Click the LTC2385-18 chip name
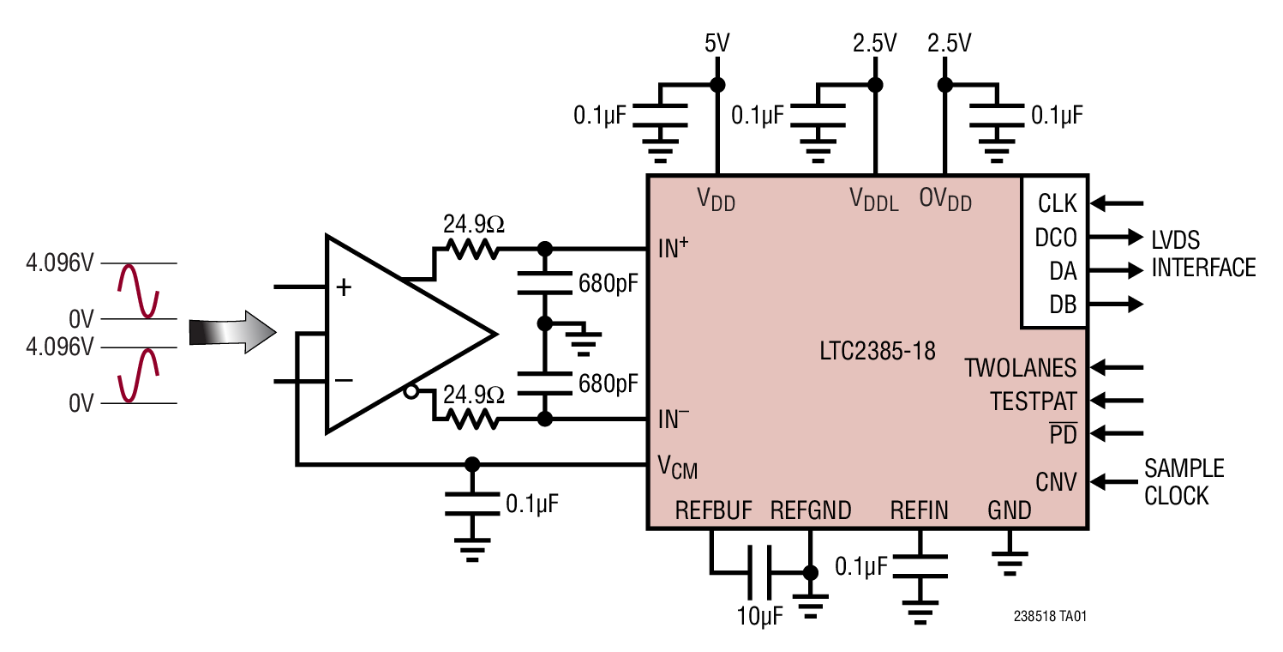pyautogui.click(x=877, y=351)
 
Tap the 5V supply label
pyautogui.click(x=716, y=43)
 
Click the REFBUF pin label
pyautogui.click(x=713, y=511)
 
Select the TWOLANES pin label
pyautogui.click(x=1020, y=368)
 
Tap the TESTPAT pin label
pyautogui.click(x=1033, y=401)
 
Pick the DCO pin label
pyautogui.click(x=1056, y=238)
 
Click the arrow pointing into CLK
pyautogui.click(x=1118, y=203)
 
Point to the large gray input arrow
pyautogui.click(x=232, y=332)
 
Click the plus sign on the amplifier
pyautogui.click(x=344, y=287)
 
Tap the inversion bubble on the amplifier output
pyautogui.click(x=411, y=392)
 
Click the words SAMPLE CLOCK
pyautogui.click(x=1184, y=481)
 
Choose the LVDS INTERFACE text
pyautogui.click(x=1202, y=253)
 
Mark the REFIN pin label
pyautogui.click(x=919, y=511)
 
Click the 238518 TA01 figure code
pyautogui.click(x=1050, y=616)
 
